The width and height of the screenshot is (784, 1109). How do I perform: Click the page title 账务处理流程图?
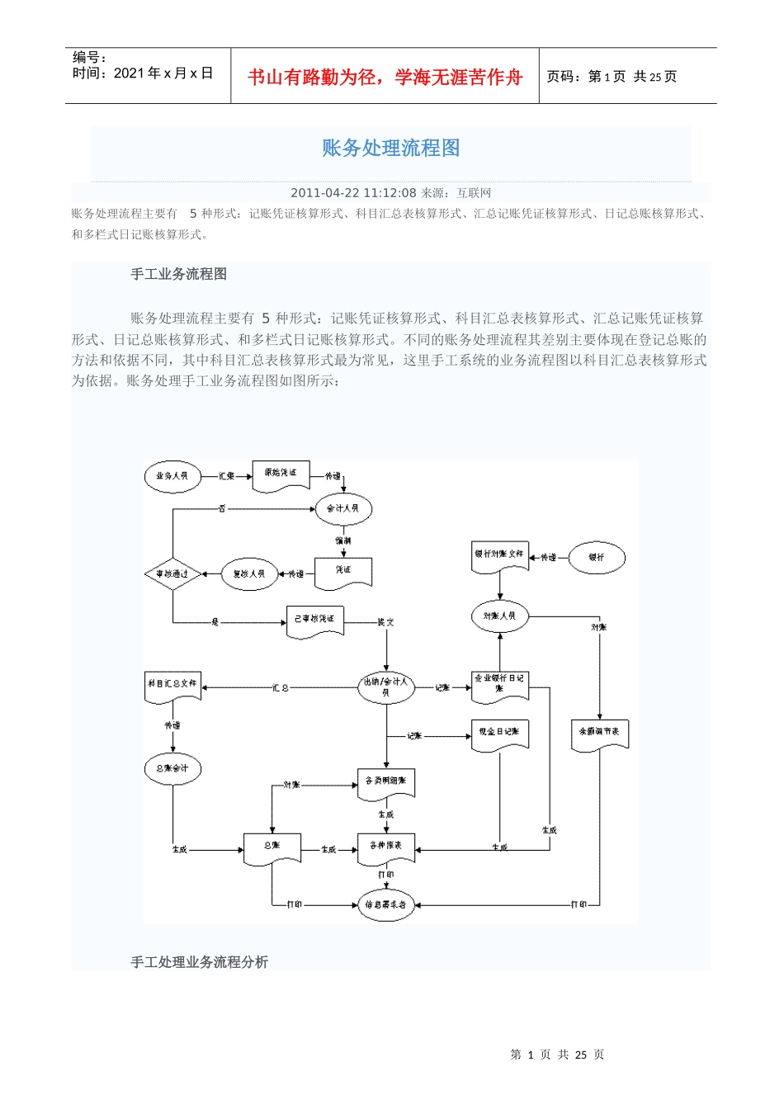click(390, 148)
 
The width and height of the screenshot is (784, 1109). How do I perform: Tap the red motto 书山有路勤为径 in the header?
click(385, 77)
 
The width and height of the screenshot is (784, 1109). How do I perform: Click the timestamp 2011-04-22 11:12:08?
click(353, 193)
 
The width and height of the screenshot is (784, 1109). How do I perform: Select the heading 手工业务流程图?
click(178, 274)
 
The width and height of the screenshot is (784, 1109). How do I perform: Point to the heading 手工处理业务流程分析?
click(199, 962)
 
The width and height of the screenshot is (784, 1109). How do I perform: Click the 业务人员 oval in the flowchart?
click(172, 476)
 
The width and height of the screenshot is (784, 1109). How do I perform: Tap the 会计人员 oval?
click(343, 508)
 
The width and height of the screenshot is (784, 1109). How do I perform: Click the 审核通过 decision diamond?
click(172, 573)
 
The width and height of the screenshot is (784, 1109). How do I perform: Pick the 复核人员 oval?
click(249, 573)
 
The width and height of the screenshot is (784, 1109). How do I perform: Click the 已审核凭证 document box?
click(314, 621)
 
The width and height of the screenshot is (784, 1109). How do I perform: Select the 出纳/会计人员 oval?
click(385, 687)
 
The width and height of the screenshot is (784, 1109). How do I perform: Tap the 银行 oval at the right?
click(597, 558)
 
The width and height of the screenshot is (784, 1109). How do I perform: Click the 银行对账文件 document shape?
click(499, 556)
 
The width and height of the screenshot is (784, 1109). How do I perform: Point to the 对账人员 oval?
click(499, 616)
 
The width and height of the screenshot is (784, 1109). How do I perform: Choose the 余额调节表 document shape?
click(599, 734)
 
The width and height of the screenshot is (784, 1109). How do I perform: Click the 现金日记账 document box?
click(499, 734)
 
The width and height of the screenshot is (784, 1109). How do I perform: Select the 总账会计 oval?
click(172, 768)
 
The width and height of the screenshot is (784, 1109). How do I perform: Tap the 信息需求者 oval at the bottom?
click(385, 904)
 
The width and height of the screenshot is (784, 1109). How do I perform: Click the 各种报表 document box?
click(385, 847)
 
